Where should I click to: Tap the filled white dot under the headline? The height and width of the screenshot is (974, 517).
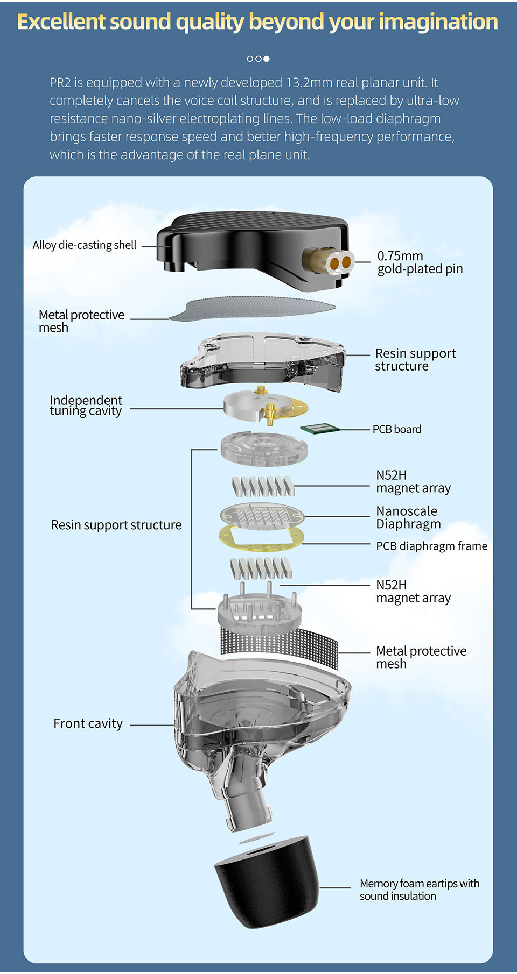[267, 59]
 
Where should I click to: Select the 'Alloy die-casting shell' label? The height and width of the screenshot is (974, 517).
[84, 245]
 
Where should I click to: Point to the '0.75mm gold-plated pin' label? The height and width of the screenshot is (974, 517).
[420, 262]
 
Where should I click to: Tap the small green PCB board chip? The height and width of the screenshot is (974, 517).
[319, 428]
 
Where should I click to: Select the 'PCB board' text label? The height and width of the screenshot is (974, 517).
[397, 430]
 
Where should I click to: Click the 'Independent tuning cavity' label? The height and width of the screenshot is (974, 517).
[86, 406]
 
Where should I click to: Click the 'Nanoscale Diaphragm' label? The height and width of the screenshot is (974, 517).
[408, 517]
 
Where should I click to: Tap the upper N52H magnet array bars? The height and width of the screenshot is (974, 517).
[263, 486]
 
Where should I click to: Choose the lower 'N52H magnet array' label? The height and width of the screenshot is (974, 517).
[413, 592]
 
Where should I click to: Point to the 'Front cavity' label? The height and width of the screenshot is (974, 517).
[88, 724]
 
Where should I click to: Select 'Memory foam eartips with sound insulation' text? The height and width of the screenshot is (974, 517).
[419, 890]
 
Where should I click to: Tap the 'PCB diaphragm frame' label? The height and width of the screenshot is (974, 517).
[431, 546]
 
